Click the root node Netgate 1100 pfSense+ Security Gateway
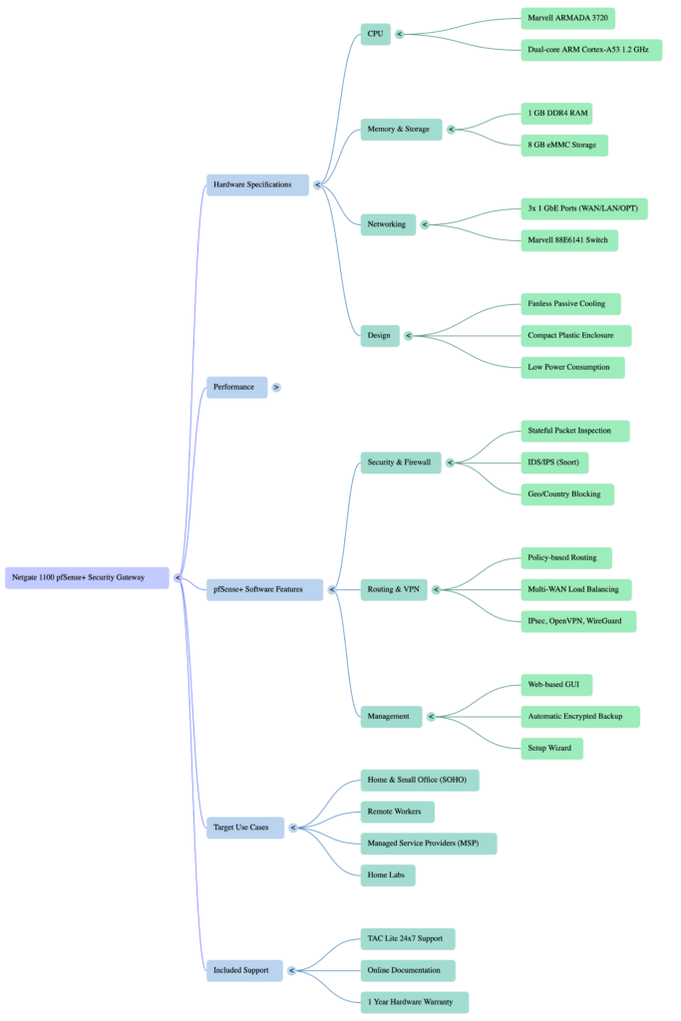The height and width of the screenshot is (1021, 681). (x=87, y=577)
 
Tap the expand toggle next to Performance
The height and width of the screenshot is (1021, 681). (x=276, y=387)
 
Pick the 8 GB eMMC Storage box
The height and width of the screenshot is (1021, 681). (x=563, y=145)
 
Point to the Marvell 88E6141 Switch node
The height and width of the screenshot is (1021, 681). (x=569, y=240)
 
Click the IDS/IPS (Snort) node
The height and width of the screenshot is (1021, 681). (x=554, y=463)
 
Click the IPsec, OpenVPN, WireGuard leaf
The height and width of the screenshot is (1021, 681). (x=578, y=621)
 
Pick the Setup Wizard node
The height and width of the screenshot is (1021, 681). (x=551, y=748)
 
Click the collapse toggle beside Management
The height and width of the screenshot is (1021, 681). (x=432, y=716)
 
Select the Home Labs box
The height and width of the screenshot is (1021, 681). (x=388, y=875)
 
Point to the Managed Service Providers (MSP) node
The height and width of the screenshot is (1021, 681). (x=428, y=844)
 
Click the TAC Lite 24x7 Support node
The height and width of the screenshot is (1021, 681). (x=408, y=938)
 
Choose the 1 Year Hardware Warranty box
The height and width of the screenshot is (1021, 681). (x=414, y=1002)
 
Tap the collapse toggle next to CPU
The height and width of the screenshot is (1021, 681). (x=399, y=33)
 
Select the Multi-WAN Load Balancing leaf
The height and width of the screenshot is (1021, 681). (x=576, y=589)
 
